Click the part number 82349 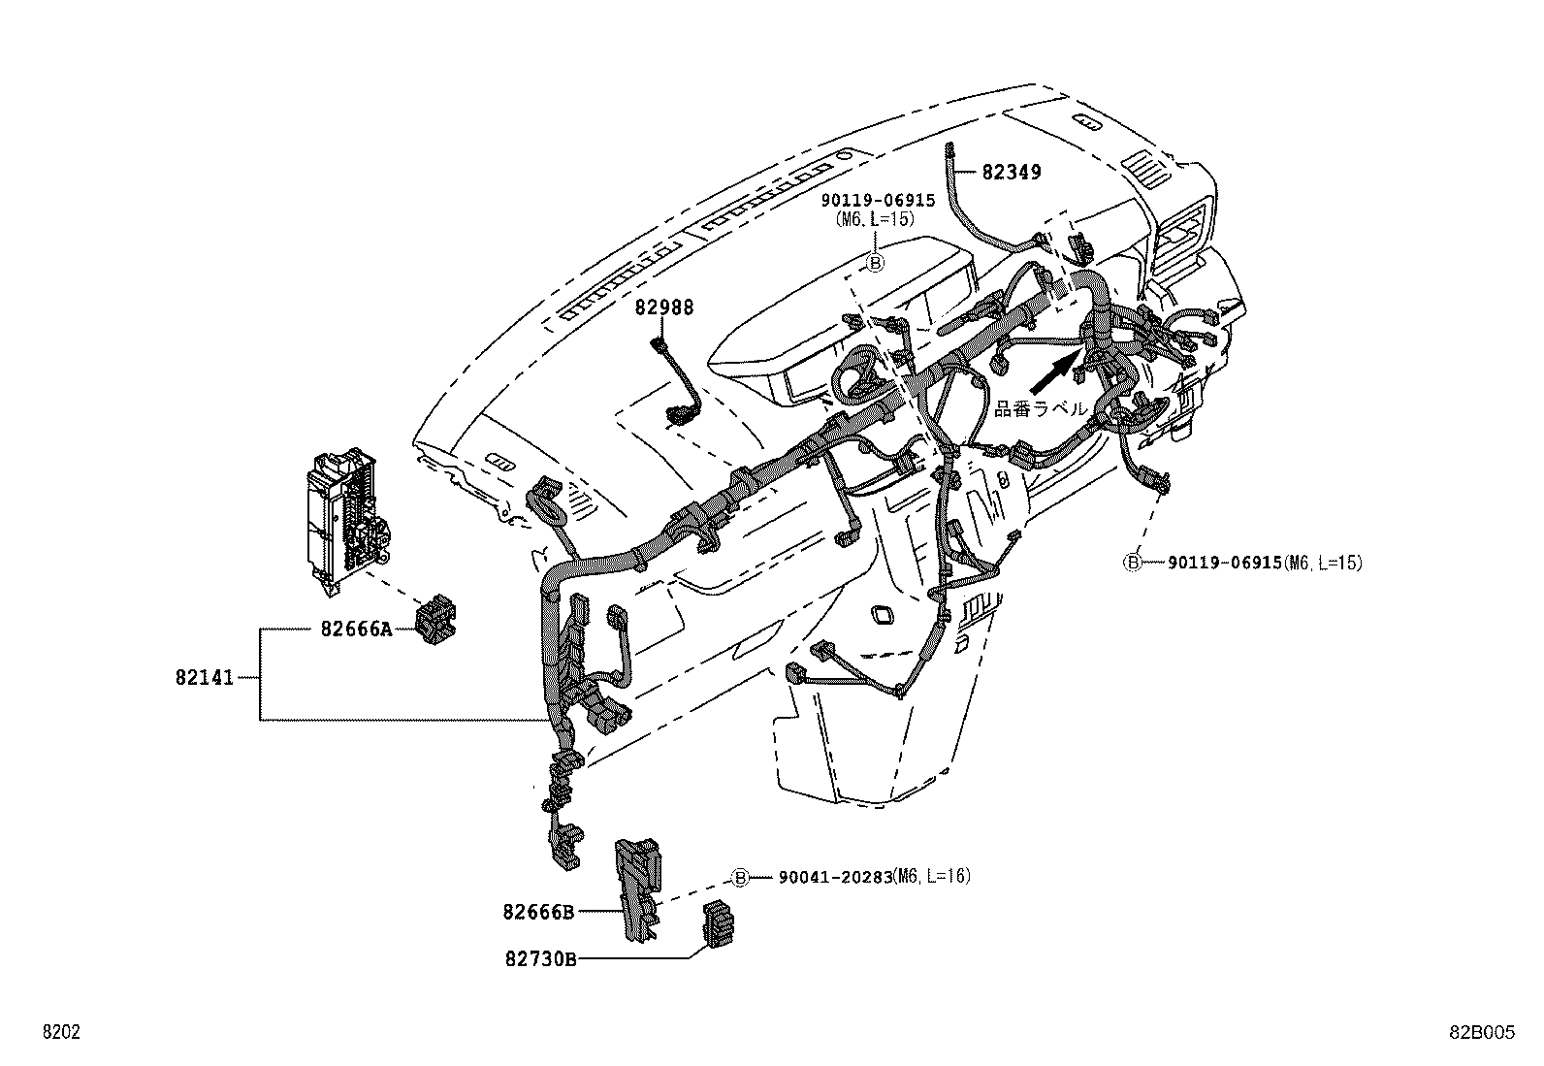pyautogui.click(x=1011, y=173)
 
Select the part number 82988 pyautogui.click(x=664, y=307)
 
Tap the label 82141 pyautogui.click(x=205, y=677)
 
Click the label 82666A pyautogui.click(x=356, y=630)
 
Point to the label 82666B pyautogui.click(x=538, y=911)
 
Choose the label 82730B pyautogui.click(x=540, y=958)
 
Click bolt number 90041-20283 pyautogui.click(x=834, y=877)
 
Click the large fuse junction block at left pyautogui.click(x=344, y=520)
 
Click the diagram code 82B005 pyautogui.click(x=1481, y=1033)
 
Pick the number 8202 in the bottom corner pyautogui.click(x=60, y=1033)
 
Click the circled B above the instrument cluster pyautogui.click(x=874, y=262)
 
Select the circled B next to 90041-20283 pyautogui.click(x=740, y=878)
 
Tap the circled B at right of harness pyautogui.click(x=1132, y=562)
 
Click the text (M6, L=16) pyautogui.click(x=931, y=876)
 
